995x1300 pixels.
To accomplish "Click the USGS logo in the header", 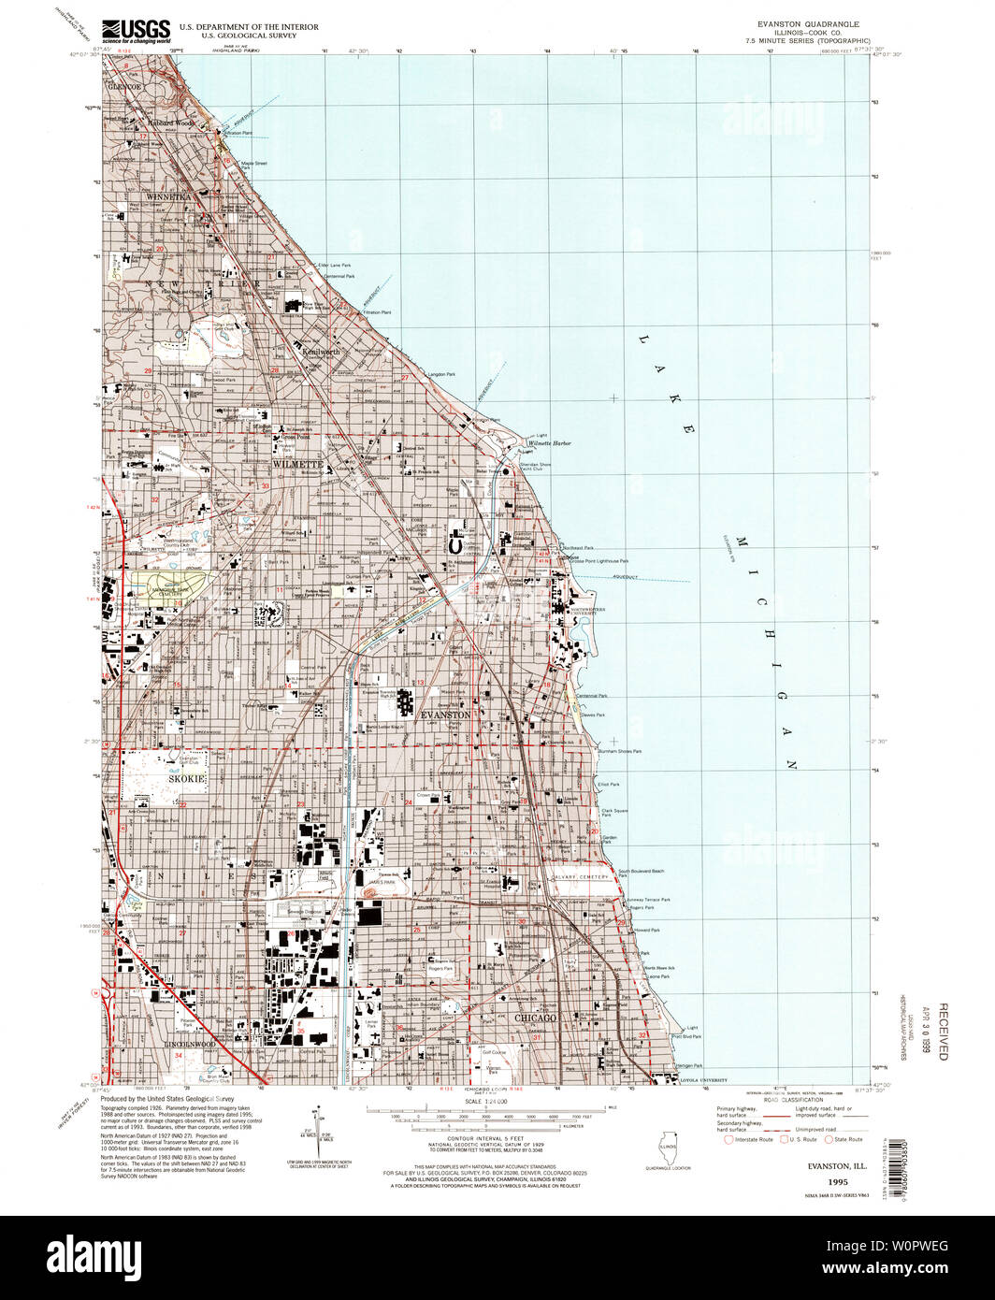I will (x=136, y=31).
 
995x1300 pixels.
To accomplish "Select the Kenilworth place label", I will (x=320, y=351).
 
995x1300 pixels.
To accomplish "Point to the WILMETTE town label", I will (x=297, y=464).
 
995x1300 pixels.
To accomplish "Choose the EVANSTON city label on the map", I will (x=445, y=714).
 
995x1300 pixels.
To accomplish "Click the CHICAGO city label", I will (x=534, y=1018).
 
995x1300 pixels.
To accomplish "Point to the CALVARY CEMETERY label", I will (x=586, y=877).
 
